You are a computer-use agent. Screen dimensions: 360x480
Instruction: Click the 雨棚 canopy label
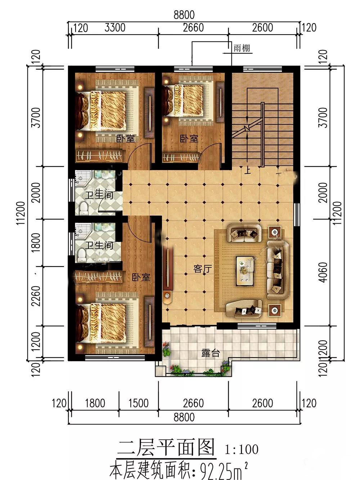tap(242, 48)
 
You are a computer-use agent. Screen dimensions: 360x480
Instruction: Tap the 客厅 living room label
tap(203, 269)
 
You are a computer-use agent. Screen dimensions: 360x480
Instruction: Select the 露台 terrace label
tap(211, 353)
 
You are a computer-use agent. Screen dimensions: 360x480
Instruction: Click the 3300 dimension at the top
tap(115, 28)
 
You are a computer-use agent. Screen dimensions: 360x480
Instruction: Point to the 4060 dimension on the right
tap(324, 272)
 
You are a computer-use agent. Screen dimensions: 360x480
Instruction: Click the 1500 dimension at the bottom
tap(139, 403)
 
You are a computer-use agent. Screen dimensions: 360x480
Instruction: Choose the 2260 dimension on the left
tap(36, 296)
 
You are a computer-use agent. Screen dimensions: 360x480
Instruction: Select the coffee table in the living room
tap(245, 271)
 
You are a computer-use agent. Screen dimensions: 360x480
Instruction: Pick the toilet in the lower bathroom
tap(81, 255)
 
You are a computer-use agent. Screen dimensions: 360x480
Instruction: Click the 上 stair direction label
tap(247, 170)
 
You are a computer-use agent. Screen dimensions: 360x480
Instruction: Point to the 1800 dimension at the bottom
tap(95, 403)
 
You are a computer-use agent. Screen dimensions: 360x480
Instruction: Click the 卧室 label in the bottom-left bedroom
tap(141, 277)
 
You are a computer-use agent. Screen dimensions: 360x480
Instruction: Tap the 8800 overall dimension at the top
tap(184, 15)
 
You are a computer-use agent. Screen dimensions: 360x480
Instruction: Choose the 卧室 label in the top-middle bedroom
tap(189, 139)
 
